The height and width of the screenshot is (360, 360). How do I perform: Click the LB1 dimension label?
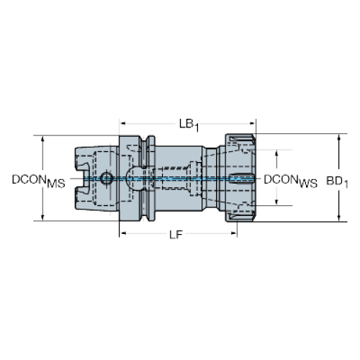point(189,125)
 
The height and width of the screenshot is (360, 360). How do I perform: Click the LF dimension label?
point(176,235)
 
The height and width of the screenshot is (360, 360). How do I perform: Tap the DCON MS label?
point(39,181)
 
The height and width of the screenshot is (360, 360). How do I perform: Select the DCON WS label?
point(290,181)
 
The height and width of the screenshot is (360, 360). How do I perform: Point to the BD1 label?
point(337,181)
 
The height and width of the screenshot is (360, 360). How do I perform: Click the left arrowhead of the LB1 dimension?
point(122,124)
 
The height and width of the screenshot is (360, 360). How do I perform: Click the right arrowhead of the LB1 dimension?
point(253,124)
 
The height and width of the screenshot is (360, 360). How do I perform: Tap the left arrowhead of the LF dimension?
point(122,233)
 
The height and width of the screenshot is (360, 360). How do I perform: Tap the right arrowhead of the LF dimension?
point(234,233)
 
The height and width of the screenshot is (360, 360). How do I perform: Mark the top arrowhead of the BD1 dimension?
point(339,137)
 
